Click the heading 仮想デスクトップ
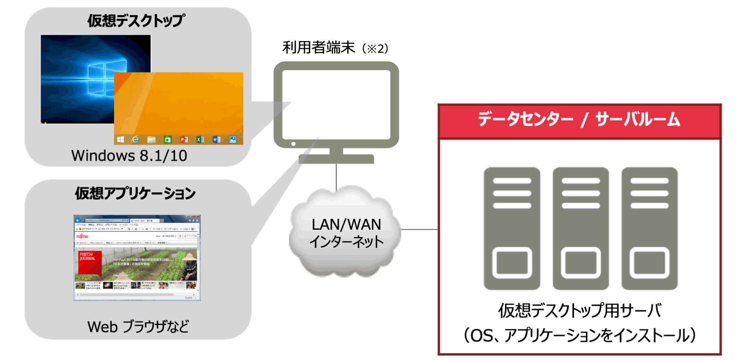click(x=136, y=21)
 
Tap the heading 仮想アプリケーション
click(x=135, y=193)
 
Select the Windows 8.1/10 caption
click(x=129, y=156)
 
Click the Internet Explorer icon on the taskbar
click(x=135, y=140)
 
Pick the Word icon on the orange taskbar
click(x=217, y=140)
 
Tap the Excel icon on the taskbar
click(x=200, y=140)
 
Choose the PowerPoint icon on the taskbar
click(x=184, y=140)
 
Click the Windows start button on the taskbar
click(x=120, y=140)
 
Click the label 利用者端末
click(x=318, y=47)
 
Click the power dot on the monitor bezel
click(x=293, y=144)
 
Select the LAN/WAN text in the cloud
click(x=346, y=224)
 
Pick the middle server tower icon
click(x=580, y=228)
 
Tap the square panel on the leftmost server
click(x=512, y=263)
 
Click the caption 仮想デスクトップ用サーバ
click(x=579, y=310)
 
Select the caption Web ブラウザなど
click(x=138, y=327)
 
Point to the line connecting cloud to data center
click(x=419, y=229)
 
